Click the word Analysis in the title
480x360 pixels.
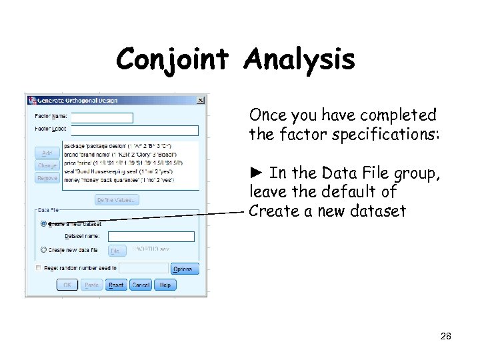[x=299, y=60]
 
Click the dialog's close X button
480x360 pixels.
[x=201, y=101]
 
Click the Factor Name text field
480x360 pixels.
[x=101, y=118]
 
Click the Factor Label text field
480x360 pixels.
[x=133, y=131]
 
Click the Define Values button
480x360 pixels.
[x=117, y=200]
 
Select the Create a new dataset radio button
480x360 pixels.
[x=43, y=224]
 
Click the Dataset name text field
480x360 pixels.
[x=151, y=237]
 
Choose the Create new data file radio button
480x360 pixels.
[x=43, y=250]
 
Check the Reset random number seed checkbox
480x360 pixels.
[x=38, y=268]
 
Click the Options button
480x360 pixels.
[x=183, y=269]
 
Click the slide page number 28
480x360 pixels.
[x=445, y=337]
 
